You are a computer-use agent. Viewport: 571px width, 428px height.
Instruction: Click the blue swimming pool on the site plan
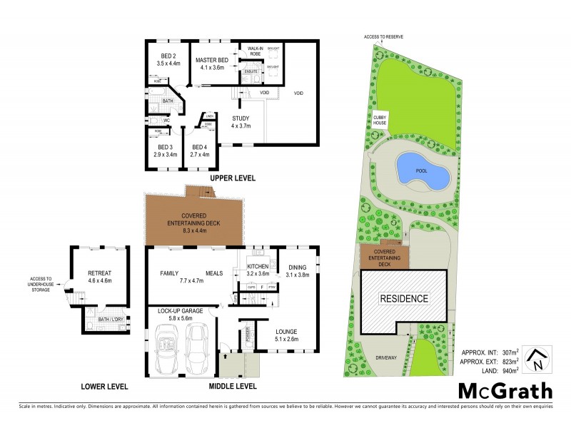coord(422,172)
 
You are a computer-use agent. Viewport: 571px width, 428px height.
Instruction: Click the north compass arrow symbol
coord(535,359)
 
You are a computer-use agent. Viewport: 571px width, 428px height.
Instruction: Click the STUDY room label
coord(241,122)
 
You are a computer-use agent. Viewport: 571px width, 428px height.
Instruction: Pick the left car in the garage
coord(166,355)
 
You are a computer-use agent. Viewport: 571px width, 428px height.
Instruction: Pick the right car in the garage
coord(196,355)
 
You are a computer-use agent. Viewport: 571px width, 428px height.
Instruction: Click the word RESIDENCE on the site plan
coord(403,298)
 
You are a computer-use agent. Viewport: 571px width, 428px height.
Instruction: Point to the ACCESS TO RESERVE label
coord(384,36)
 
